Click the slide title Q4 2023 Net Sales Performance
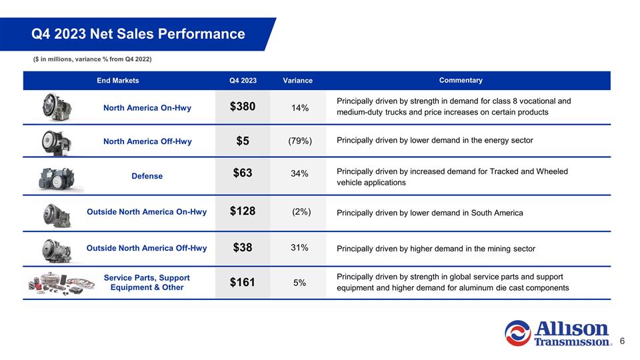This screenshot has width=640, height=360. pyautogui.click(x=138, y=33)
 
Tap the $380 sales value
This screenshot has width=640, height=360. pyautogui.click(x=243, y=107)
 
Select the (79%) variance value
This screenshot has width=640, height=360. pyautogui.click(x=299, y=141)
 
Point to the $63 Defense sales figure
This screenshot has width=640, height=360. pyautogui.click(x=243, y=173)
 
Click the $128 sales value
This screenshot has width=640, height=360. pyautogui.click(x=243, y=212)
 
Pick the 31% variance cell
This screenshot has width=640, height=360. pyautogui.click(x=299, y=248)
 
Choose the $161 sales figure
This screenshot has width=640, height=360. pyautogui.click(x=243, y=282)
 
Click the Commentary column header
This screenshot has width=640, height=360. pyautogui.click(x=461, y=81)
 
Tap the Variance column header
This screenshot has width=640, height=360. pyautogui.click(x=297, y=81)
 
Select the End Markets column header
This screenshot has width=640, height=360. pyautogui.click(x=118, y=81)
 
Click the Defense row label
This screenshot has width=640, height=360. pyautogui.click(x=147, y=176)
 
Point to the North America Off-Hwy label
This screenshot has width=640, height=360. pyautogui.click(x=147, y=141)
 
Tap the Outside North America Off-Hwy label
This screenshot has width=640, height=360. pyautogui.click(x=147, y=248)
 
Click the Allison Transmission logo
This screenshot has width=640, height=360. pyautogui.click(x=558, y=332)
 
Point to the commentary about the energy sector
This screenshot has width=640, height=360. pyautogui.click(x=435, y=141)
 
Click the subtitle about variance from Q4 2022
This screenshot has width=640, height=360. pyautogui.click(x=93, y=60)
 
